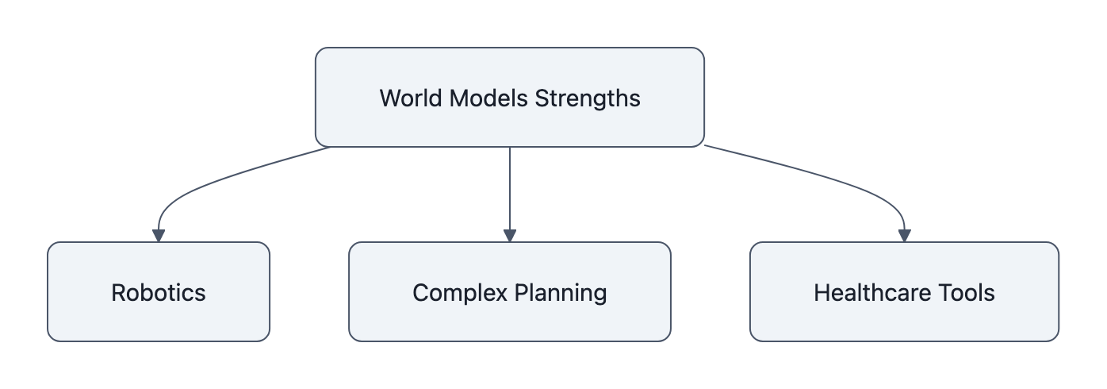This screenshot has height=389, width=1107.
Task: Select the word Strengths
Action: coord(588,98)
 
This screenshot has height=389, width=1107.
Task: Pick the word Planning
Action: coord(561,293)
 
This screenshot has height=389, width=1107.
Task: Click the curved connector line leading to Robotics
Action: coord(222,179)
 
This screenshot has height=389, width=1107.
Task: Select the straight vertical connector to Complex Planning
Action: coord(509,191)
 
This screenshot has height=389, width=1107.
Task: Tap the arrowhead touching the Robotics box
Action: coord(159,235)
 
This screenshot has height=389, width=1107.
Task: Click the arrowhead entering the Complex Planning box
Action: coord(509,235)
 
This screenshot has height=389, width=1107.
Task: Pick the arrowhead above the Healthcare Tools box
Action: coord(904,235)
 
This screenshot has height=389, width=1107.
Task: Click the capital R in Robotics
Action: coord(118,293)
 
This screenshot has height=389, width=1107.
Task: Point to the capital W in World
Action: coord(389,98)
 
